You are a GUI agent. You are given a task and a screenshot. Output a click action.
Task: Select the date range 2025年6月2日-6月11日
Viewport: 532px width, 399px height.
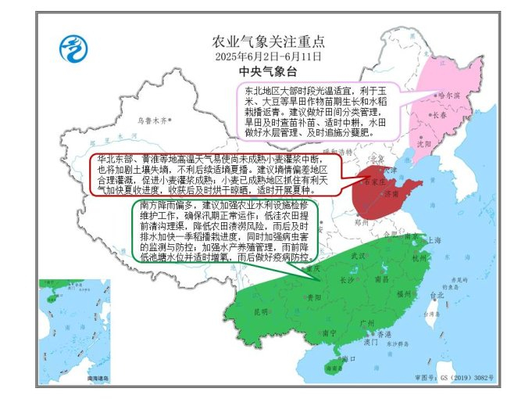268,57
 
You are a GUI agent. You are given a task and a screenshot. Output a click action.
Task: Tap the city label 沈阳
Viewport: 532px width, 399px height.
424,144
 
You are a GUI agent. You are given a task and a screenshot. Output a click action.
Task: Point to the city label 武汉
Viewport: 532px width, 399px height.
359,256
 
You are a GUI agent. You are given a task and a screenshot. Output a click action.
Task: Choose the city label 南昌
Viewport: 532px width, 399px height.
383,279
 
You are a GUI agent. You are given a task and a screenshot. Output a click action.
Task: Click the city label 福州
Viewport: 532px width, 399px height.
404,294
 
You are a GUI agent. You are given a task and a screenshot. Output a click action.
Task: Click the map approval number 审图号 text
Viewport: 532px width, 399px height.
466,378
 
